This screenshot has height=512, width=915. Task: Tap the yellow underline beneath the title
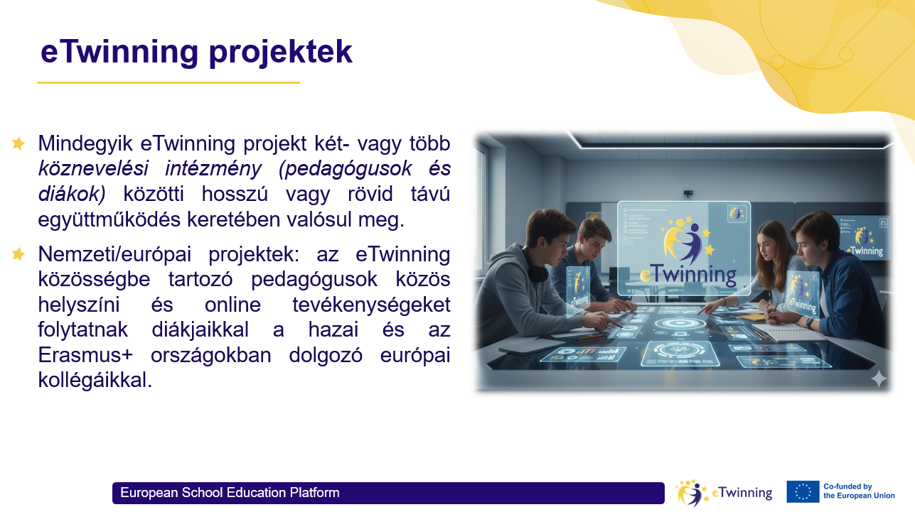tap(168, 83)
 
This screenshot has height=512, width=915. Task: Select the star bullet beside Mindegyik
tap(18, 143)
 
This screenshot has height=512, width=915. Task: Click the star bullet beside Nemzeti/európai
tap(18, 254)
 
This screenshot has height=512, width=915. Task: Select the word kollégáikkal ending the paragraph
tap(95, 380)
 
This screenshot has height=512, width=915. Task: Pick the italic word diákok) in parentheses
tap(72, 194)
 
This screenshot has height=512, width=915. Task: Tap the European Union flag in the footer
tap(803, 491)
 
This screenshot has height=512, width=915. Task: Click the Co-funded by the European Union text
tap(859, 491)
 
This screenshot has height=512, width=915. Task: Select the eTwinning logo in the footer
tap(723, 492)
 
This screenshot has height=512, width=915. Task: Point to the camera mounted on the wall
tap(687, 193)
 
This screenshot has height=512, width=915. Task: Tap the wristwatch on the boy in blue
tap(809, 321)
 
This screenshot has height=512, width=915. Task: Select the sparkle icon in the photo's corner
tap(879, 378)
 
